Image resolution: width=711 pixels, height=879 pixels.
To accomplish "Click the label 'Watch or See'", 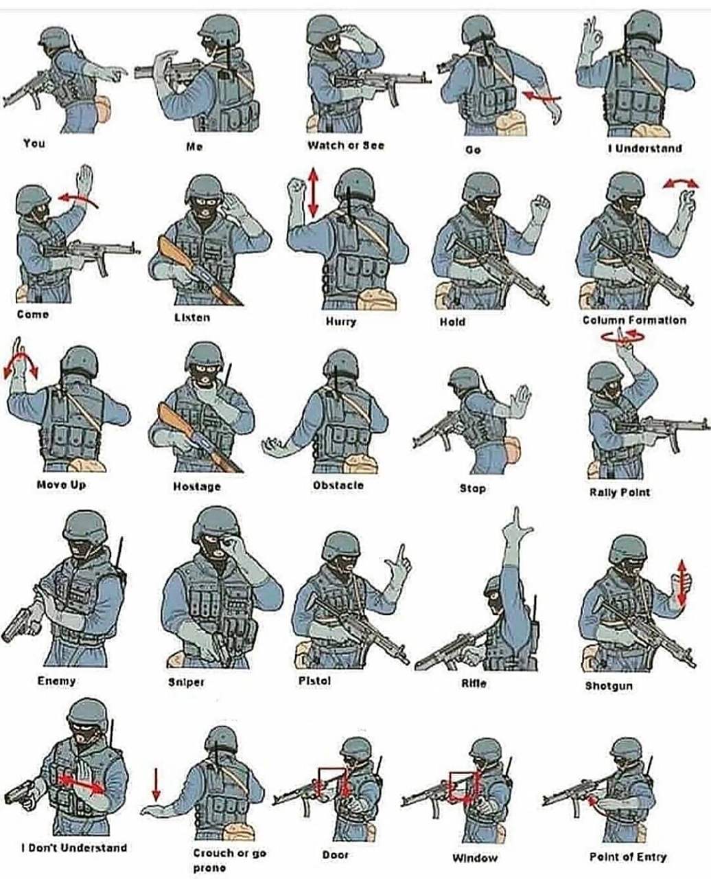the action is click(346, 146).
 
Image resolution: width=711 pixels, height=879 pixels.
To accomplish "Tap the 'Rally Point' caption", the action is click(620, 492).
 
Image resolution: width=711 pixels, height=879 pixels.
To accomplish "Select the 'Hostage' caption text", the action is click(197, 487).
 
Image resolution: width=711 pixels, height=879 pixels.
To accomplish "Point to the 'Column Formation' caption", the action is click(634, 320).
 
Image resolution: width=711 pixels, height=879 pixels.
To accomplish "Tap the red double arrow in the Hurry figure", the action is click(314, 192).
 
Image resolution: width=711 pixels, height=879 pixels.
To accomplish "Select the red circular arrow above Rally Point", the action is click(622, 336).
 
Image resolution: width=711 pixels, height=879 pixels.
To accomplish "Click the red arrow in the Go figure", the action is click(542, 97).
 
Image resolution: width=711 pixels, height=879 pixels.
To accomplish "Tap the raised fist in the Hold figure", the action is click(541, 205).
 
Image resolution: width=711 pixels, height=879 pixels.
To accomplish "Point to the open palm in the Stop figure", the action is click(520, 400).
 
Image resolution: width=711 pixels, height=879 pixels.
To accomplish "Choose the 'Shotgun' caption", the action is click(609, 686).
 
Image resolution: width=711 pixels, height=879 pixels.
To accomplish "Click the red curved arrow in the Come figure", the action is click(78, 199).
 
